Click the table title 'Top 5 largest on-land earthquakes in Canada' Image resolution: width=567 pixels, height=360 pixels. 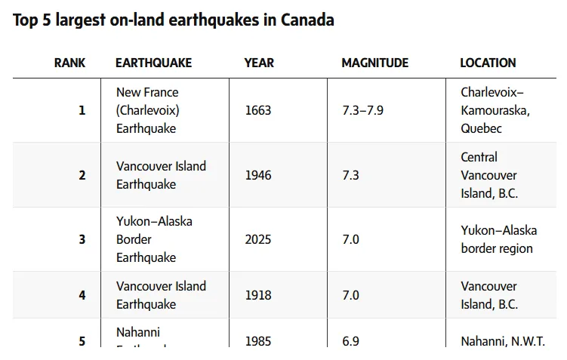click(173, 20)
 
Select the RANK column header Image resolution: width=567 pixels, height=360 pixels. click(69, 63)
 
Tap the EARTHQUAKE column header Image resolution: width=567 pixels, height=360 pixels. click(153, 63)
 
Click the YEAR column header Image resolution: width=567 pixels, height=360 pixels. click(259, 63)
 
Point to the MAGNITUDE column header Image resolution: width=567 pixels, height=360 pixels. click(374, 63)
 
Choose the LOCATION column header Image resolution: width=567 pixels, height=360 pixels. click(488, 63)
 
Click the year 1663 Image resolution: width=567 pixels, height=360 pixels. click(258, 110)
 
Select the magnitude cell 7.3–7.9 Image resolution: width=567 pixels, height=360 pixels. click(362, 110)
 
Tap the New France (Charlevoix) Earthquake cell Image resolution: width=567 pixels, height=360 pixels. click(147, 110)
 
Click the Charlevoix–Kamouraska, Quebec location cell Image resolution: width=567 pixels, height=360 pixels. click(492, 110)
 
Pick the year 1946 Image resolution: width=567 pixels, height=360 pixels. click(258, 175)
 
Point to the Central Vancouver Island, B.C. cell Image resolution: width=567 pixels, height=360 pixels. click(488, 175)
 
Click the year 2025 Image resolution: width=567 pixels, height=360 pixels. click(258, 239)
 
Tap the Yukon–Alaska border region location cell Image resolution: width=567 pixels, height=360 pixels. click(498, 239)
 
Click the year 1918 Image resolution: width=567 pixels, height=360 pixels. click(258, 295)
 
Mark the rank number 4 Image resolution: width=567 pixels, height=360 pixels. click(82, 295)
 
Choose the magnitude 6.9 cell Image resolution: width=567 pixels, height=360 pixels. click(350, 341)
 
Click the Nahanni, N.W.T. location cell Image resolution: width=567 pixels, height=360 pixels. click(502, 341)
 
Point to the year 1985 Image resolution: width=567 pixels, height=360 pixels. click(258, 341)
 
